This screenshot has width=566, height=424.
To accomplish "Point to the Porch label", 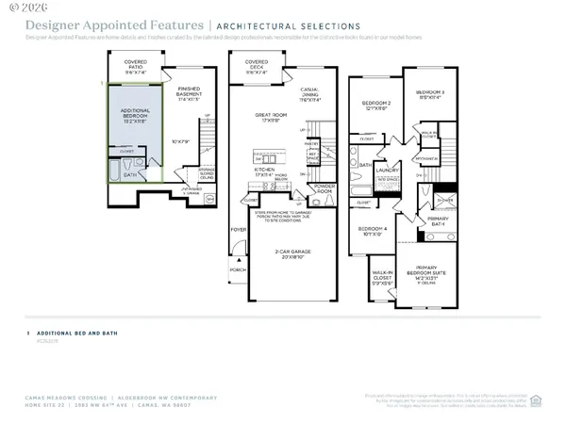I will [x=238, y=269].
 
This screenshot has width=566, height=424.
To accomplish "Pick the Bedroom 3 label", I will [x=430, y=94].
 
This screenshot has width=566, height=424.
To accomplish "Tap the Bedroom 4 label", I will [x=374, y=230].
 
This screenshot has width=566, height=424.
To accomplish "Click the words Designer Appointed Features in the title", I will [x=113, y=25].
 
